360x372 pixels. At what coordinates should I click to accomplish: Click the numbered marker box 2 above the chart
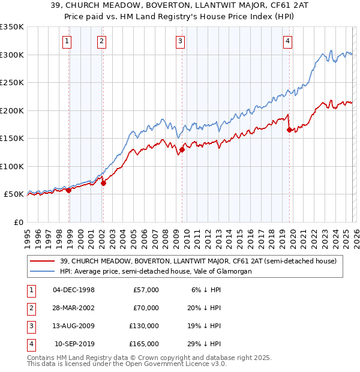point(101,41)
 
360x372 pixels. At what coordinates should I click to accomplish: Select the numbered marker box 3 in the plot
point(180,41)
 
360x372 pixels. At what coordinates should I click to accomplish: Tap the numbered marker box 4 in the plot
point(288,41)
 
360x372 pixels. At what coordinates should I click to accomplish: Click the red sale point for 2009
point(182,149)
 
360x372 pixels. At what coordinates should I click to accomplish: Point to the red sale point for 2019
point(289,130)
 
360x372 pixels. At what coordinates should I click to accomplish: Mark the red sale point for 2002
point(103,183)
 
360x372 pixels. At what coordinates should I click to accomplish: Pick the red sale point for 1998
point(68,190)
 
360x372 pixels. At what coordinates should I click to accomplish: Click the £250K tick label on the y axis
point(12,83)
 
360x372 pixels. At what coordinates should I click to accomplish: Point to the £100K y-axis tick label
point(12,166)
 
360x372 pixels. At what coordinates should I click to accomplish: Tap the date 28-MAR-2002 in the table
point(74,308)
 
